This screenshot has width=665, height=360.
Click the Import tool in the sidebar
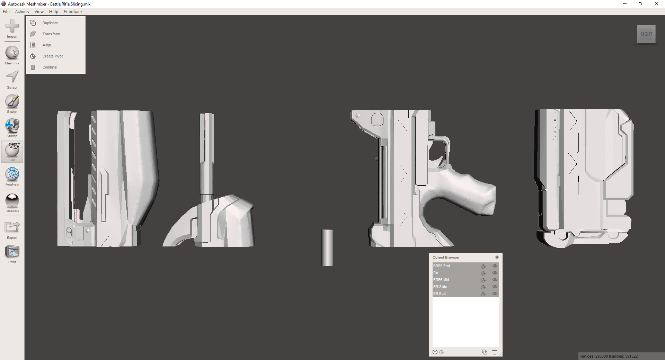12,28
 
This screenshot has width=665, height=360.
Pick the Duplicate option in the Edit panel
50,23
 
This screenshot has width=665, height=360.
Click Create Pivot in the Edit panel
53,56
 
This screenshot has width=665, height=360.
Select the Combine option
50,67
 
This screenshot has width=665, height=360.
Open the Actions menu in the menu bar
22,11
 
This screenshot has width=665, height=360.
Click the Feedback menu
73,11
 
